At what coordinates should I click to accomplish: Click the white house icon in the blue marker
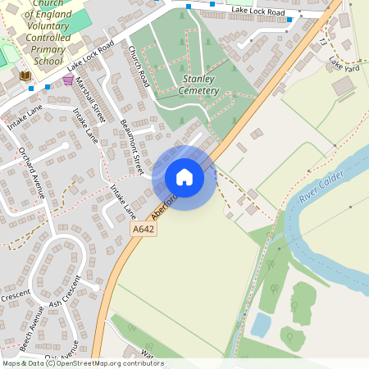click(x=184, y=177)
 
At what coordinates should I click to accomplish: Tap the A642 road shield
click(x=143, y=230)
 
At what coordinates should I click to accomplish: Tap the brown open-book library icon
click(x=25, y=75)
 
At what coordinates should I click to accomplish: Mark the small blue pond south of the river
click(x=261, y=325)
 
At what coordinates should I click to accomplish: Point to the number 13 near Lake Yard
click(x=323, y=41)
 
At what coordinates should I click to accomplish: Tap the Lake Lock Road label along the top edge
click(x=257, y=11)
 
